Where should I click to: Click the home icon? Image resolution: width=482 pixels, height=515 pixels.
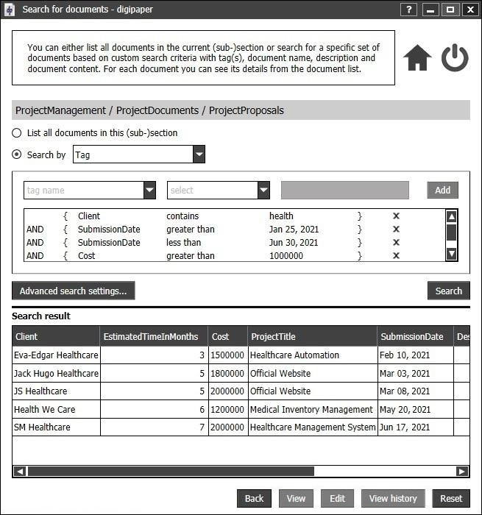(417, 58)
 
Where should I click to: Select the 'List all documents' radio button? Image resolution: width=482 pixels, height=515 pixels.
(17, 133)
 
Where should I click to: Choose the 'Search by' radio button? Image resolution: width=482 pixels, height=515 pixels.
(17, 154)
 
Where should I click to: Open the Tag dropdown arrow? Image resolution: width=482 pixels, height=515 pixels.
(199, 154)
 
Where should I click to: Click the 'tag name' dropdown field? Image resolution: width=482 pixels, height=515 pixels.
(83, 190)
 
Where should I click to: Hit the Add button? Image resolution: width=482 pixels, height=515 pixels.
(442, 190)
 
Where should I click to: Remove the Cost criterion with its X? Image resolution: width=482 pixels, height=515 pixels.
(396, 256)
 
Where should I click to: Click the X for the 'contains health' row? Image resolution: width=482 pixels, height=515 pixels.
(396, 216)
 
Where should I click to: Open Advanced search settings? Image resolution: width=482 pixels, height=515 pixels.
(73, 291)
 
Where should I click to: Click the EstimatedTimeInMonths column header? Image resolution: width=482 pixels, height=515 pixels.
(151, 337)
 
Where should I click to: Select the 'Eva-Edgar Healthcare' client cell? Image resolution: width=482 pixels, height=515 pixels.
(56, 355)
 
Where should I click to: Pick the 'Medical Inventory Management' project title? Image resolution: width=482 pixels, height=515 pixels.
(312, 409)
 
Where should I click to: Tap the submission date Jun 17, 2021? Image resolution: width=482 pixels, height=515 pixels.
(405, 427)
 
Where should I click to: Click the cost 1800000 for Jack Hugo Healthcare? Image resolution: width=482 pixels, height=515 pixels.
(227, 374)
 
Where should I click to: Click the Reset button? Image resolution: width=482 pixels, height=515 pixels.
(450, 498)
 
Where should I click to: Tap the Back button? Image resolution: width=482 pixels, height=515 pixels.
(254, 498)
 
